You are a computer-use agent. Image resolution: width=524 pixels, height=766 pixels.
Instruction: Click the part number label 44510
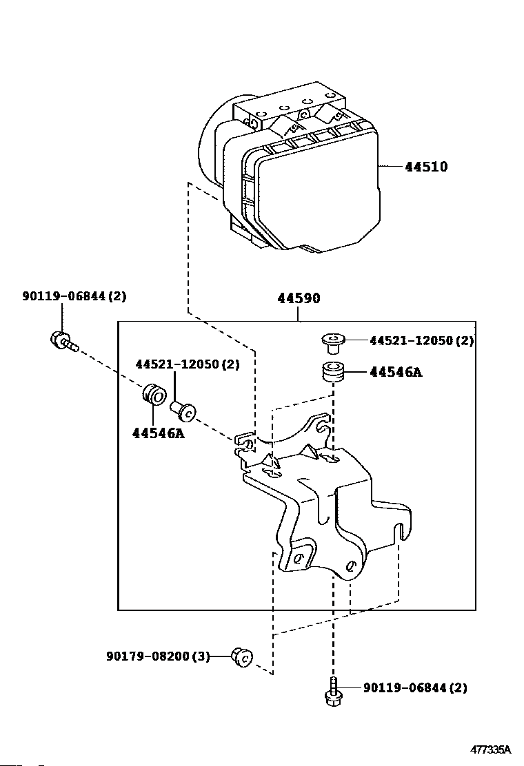click(426, 167)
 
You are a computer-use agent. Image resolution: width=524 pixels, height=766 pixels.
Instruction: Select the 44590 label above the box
click(299, 298)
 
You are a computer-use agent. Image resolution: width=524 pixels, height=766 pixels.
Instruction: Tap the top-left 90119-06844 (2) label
click(74, 296)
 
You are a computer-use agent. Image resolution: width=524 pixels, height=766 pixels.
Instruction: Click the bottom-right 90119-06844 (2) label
click(415, 687)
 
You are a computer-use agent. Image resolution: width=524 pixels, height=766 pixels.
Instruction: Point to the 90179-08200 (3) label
click(158, 656)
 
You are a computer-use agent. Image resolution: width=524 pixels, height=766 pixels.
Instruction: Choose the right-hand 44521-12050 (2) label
click(422, 340)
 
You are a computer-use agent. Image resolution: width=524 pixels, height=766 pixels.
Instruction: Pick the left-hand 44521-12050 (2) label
click(188, 364)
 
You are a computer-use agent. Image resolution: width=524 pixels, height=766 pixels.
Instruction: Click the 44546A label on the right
click(396, 372)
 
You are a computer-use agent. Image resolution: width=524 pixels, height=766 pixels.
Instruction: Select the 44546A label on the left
click(159, 433)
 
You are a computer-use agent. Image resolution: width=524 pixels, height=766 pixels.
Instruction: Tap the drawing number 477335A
click(490, 749)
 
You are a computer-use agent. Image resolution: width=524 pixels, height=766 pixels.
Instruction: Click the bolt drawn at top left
click(63, 340)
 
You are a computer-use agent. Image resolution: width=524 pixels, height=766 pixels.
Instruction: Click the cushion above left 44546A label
click(154, 394)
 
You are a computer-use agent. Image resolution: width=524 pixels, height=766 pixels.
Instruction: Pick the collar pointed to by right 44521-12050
click(333, 342)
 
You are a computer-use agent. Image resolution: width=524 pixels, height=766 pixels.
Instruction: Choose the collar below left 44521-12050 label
click(183, 411)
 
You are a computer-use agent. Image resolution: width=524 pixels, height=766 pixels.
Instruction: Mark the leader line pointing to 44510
click(390, 167)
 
